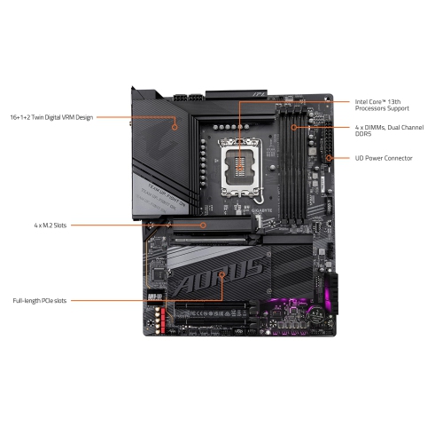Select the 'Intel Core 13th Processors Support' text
tap(384, 105)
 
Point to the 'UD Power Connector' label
tap(383, 158)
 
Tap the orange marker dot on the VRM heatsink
tap(175, 126)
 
